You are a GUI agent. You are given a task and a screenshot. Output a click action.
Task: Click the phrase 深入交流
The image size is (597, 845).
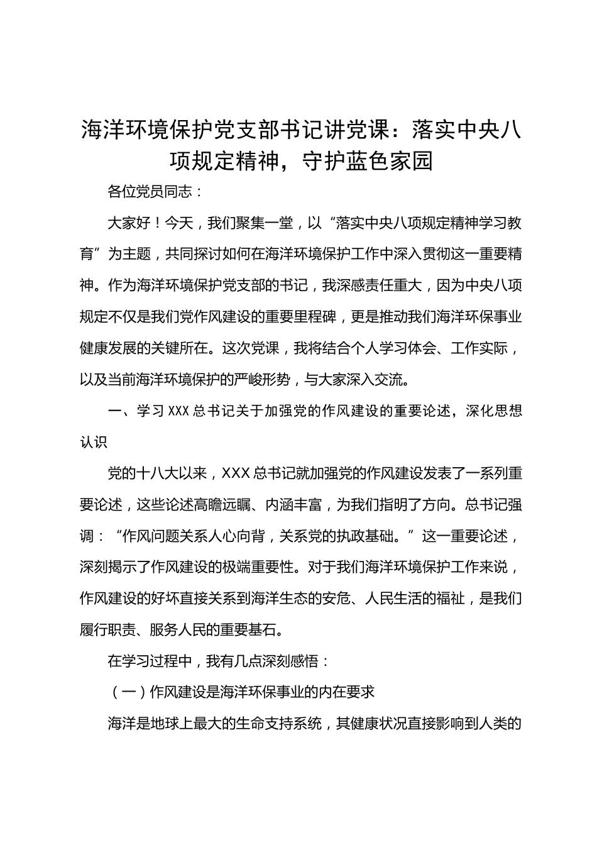(380, 379)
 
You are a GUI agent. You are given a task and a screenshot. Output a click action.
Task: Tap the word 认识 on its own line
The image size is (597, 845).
(94, 441)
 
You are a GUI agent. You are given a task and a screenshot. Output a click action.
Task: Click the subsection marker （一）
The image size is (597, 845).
(129, 692)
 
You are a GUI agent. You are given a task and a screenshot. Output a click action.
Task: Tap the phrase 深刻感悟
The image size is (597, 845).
(290, 661)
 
